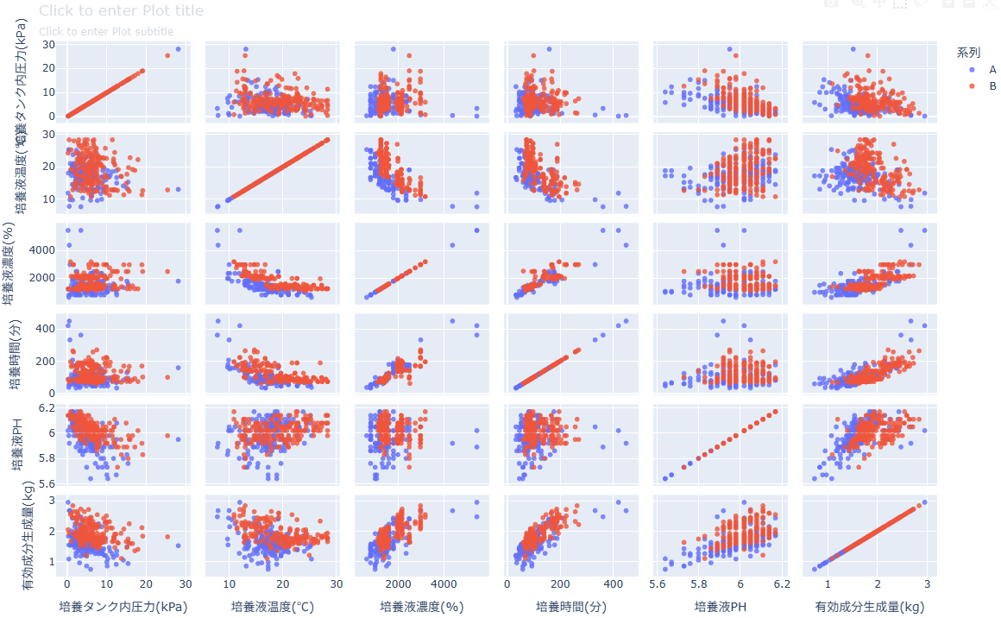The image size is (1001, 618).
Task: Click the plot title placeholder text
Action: pos(122,11)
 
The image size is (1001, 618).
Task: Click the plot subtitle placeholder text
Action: pos(106,32)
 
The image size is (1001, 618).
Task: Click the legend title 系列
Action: pos(968,53)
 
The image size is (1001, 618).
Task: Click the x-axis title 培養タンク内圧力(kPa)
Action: pos(123,607)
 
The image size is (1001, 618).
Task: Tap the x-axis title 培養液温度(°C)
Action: pos(273,607)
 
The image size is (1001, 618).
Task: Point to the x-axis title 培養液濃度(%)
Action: pos(422,607)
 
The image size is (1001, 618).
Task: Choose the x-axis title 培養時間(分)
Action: pos(571,607)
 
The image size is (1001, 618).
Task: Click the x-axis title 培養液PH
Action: pos(721,607)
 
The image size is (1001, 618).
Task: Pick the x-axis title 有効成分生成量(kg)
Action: pos(870,607)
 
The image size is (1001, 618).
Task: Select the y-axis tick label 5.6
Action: pos(47,483)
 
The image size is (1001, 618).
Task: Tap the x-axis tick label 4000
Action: pos(444,584)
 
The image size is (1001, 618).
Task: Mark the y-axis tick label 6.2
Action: pos(47,407)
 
